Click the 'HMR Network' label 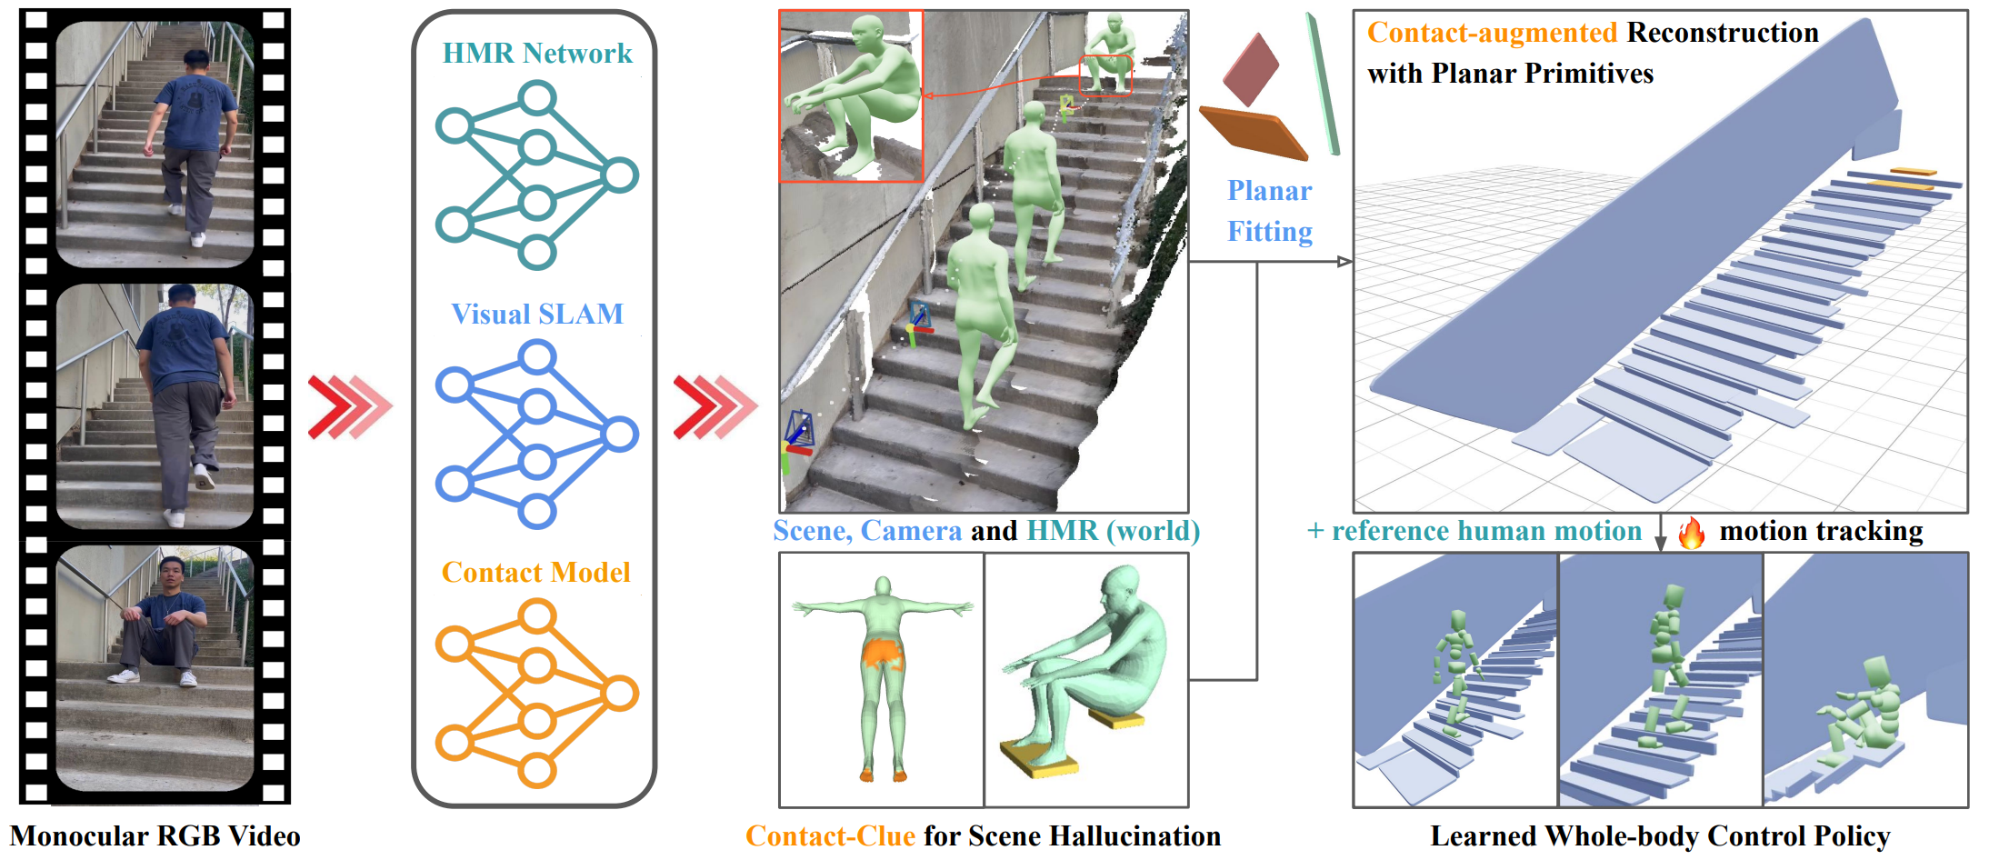pos(536,54)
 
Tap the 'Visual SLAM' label pos(536,315)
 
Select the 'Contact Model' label pos(535,573)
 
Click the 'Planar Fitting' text pos(1269,211)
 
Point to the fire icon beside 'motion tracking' pos(1691,533)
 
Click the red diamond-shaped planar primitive pos(1251,69)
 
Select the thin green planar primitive pos(1323,84)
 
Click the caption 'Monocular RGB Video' pos(155,836)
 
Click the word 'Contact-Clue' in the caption pos(830,836)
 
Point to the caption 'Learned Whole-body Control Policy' pos(1660,836)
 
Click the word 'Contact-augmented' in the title pos(1492,33)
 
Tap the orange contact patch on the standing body pos(880,653)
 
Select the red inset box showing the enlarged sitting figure pos(852,96)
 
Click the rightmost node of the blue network pos(620,435)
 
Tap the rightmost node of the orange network pos(620,694)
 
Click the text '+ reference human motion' pos(1474,531)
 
